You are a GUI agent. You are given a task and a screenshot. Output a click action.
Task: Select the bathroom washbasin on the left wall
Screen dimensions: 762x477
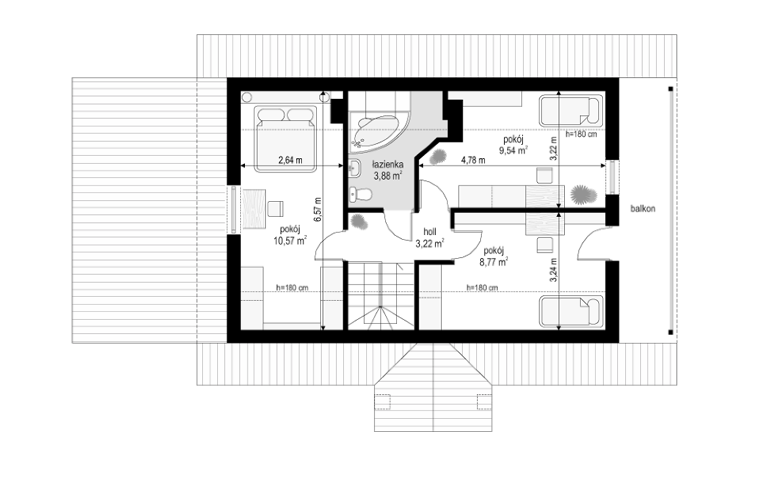(355, 168)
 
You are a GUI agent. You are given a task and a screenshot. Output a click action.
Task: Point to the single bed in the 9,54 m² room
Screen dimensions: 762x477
(571, 111)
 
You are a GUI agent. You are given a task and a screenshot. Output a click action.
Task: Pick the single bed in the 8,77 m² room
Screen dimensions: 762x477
(571, 311)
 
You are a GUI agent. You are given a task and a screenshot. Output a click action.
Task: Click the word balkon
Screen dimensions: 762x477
(642, 209)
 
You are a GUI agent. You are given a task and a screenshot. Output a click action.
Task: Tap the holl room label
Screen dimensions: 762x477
(430, 232)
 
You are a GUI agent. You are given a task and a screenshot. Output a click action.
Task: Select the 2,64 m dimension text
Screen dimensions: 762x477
(290, 160)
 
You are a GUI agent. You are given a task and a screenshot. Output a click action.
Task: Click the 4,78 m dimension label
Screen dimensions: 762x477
(473, 160)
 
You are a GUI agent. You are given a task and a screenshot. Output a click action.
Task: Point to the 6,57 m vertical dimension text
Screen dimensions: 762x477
(318, 209)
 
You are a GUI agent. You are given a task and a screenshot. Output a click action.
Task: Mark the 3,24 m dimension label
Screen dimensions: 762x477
(554, 270)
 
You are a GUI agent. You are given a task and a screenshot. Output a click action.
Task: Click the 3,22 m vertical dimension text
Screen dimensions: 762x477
(554, 148)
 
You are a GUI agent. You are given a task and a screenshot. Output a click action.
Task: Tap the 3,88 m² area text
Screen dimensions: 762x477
(388, 176)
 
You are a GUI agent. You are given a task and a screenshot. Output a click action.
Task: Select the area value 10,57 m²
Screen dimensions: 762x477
(290, 241)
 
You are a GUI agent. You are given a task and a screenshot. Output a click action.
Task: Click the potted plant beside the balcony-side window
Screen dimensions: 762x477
(584, 195)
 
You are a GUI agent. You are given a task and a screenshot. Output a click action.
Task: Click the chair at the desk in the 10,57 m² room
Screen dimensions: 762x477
(275, 209)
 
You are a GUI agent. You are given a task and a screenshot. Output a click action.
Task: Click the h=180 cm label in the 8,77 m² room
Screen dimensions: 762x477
(482, 288)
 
